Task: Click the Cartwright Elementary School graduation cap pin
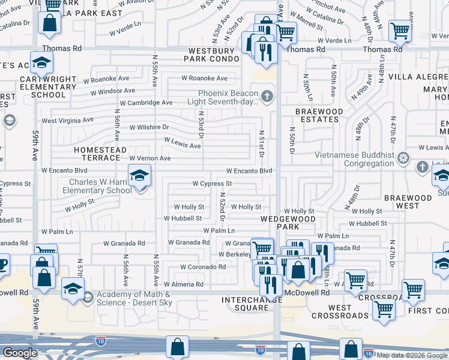(41, 62)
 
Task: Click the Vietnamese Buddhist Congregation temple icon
(404, 158)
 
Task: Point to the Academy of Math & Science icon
(88, 297)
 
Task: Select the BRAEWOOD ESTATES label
(319, 115)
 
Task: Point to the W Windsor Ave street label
(113, 91)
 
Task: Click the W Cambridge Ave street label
(146, 103)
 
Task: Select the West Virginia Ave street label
(67, 120)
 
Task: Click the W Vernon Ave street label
(150, 158)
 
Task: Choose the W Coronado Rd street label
(203, 267)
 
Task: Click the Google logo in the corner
(19, 353)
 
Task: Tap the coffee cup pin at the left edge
(2, 263)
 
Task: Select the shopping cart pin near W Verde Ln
(400, 31)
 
